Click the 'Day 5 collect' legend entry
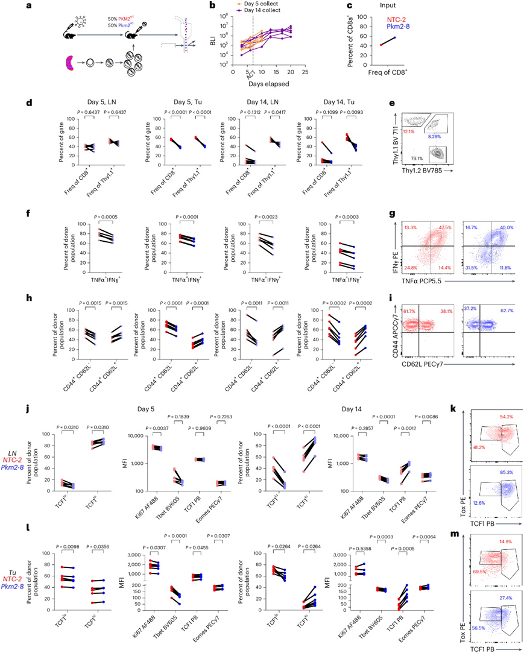[x=257, y=5]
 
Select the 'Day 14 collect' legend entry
[x=259, y=11]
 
